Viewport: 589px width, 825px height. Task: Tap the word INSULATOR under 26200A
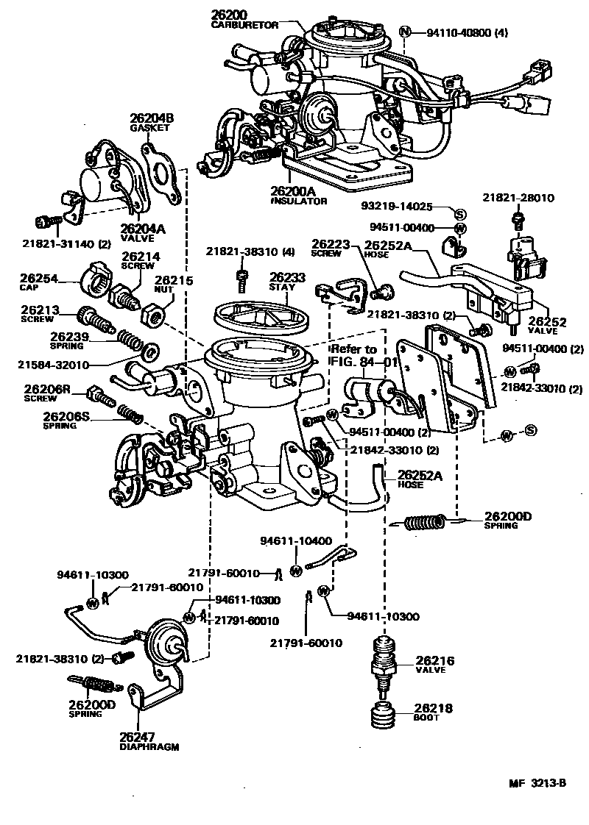point(297,201)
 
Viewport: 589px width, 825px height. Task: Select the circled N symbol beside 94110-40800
point(404,32)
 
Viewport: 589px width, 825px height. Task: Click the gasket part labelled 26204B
point(163,174)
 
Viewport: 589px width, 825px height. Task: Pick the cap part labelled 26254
point(97,280)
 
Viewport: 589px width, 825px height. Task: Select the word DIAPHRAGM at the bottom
point(149,746)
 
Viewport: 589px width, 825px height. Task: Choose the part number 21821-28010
point(518,199)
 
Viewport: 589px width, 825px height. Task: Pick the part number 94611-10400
point(295,540)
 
